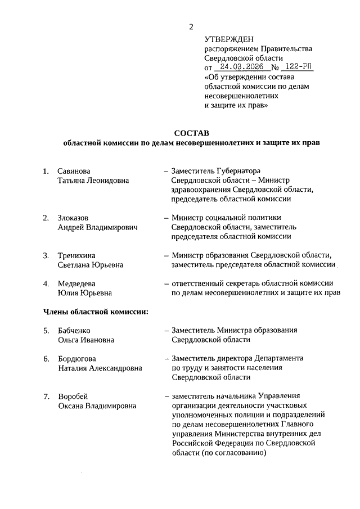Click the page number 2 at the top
coord(191,26)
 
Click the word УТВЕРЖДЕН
coord(229,39)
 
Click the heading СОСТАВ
coord(191,133)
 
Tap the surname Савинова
coord(74,170)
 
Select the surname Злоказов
coord(73,218)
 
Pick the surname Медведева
coord(76,283)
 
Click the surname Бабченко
coord(74,330)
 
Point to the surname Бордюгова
coord(77,358)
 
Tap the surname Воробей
coord(73,396)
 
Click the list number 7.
coord(46,396)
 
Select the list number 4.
coord(46,283)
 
